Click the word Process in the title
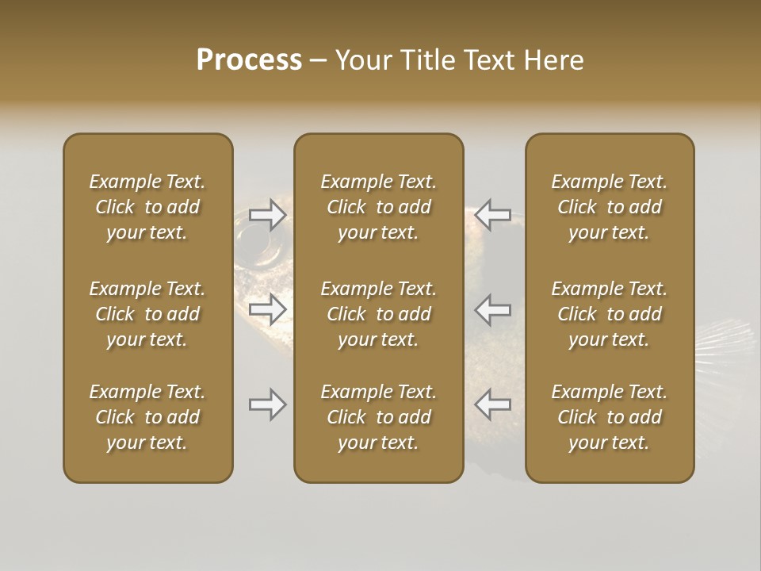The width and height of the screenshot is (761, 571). tap(249, 60)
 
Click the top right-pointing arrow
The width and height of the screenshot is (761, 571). tap(268, 215)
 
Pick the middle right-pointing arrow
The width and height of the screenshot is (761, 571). tap(268, 308)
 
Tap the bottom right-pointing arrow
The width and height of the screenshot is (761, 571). tap(268, 404)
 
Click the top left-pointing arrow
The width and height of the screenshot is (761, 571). tap(492, 215)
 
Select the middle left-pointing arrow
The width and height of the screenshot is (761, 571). tap(492, 308)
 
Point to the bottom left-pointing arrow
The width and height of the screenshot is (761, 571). tap(492, 404)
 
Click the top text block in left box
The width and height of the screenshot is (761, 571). tap(147, 207)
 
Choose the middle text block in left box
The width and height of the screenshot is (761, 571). tap(147, 314)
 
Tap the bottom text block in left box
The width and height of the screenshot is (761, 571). tap(147, 417)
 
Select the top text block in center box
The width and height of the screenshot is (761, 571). tap(378, 207)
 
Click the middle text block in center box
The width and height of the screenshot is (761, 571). tap(378, 314)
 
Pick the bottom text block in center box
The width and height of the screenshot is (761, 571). tap(378, 417)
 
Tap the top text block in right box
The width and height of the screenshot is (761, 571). tap(609, 207)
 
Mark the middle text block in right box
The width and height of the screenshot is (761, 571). tap(609, 314)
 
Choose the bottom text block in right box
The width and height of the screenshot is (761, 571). tap(609, 417)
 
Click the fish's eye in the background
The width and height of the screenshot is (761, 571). tap(252, 236)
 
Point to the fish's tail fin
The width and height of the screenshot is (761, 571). tap(725, 349)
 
